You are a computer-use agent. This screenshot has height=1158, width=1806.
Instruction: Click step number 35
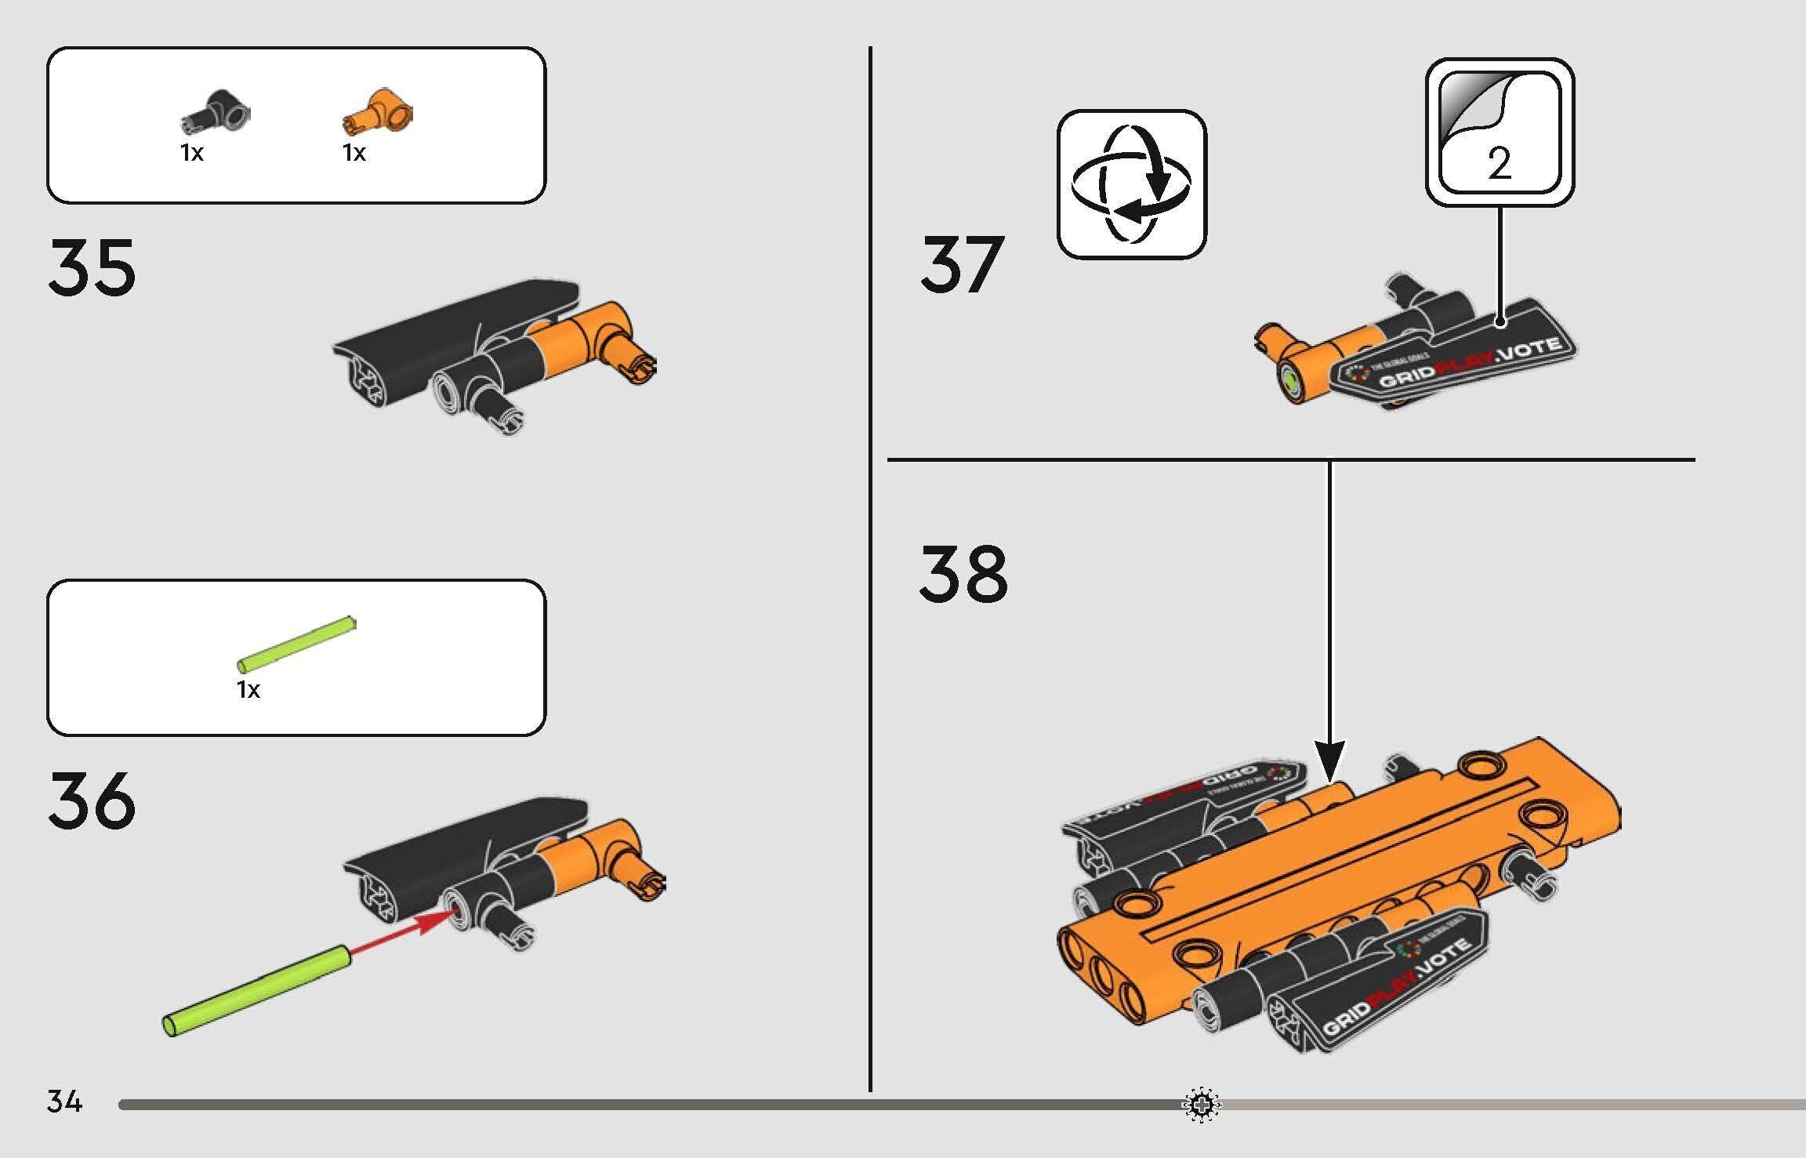(x=92, y=268)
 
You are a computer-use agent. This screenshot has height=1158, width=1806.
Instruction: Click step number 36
(x=92, y=800)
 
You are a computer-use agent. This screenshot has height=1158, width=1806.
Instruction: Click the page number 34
(x=64, y=1102)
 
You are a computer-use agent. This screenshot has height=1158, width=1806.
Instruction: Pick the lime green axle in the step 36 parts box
(x=296, y=645)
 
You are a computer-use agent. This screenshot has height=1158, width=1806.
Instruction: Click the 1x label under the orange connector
(x=354, y=153)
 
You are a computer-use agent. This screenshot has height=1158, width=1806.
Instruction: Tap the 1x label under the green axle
(x=248, y=690)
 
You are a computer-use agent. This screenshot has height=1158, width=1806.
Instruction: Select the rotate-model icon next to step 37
(x=1131, y=185)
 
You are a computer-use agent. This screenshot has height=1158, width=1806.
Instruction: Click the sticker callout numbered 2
(x=1499, y=132)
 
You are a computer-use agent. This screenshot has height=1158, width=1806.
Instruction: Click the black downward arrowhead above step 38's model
(x=1329, y=760)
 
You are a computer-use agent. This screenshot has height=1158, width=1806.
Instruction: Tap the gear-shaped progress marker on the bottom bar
(x=1202, y=1105)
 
